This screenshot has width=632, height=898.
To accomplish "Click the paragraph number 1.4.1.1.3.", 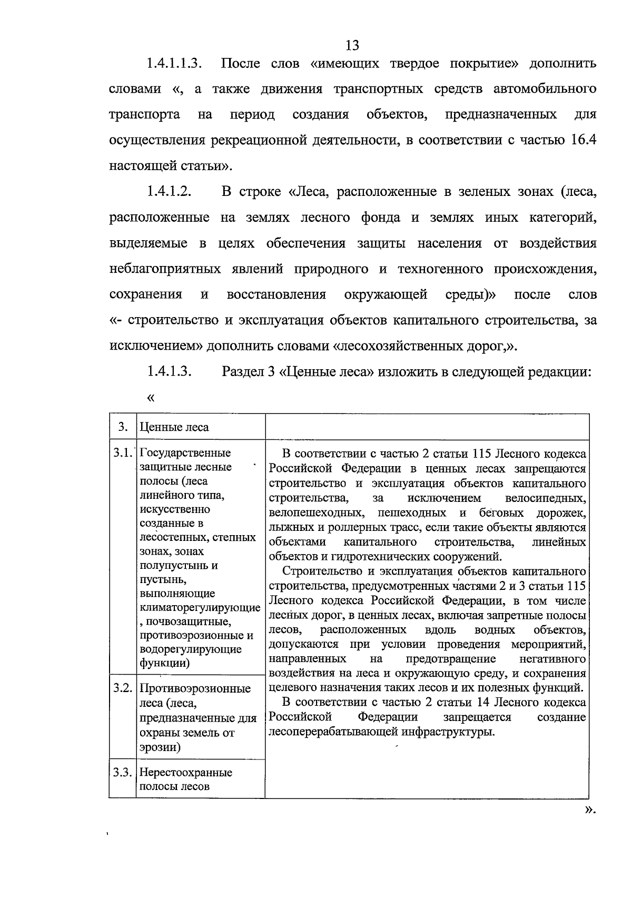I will click(175, 64).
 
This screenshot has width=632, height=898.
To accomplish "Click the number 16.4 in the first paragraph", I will click(583, 141).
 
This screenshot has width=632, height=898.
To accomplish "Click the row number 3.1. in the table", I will click(122, 453).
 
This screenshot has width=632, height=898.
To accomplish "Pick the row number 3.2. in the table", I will click(122, 689).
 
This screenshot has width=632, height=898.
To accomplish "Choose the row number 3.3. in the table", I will click(122, 773).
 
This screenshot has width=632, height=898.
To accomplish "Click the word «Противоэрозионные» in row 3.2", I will click(195, 689).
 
